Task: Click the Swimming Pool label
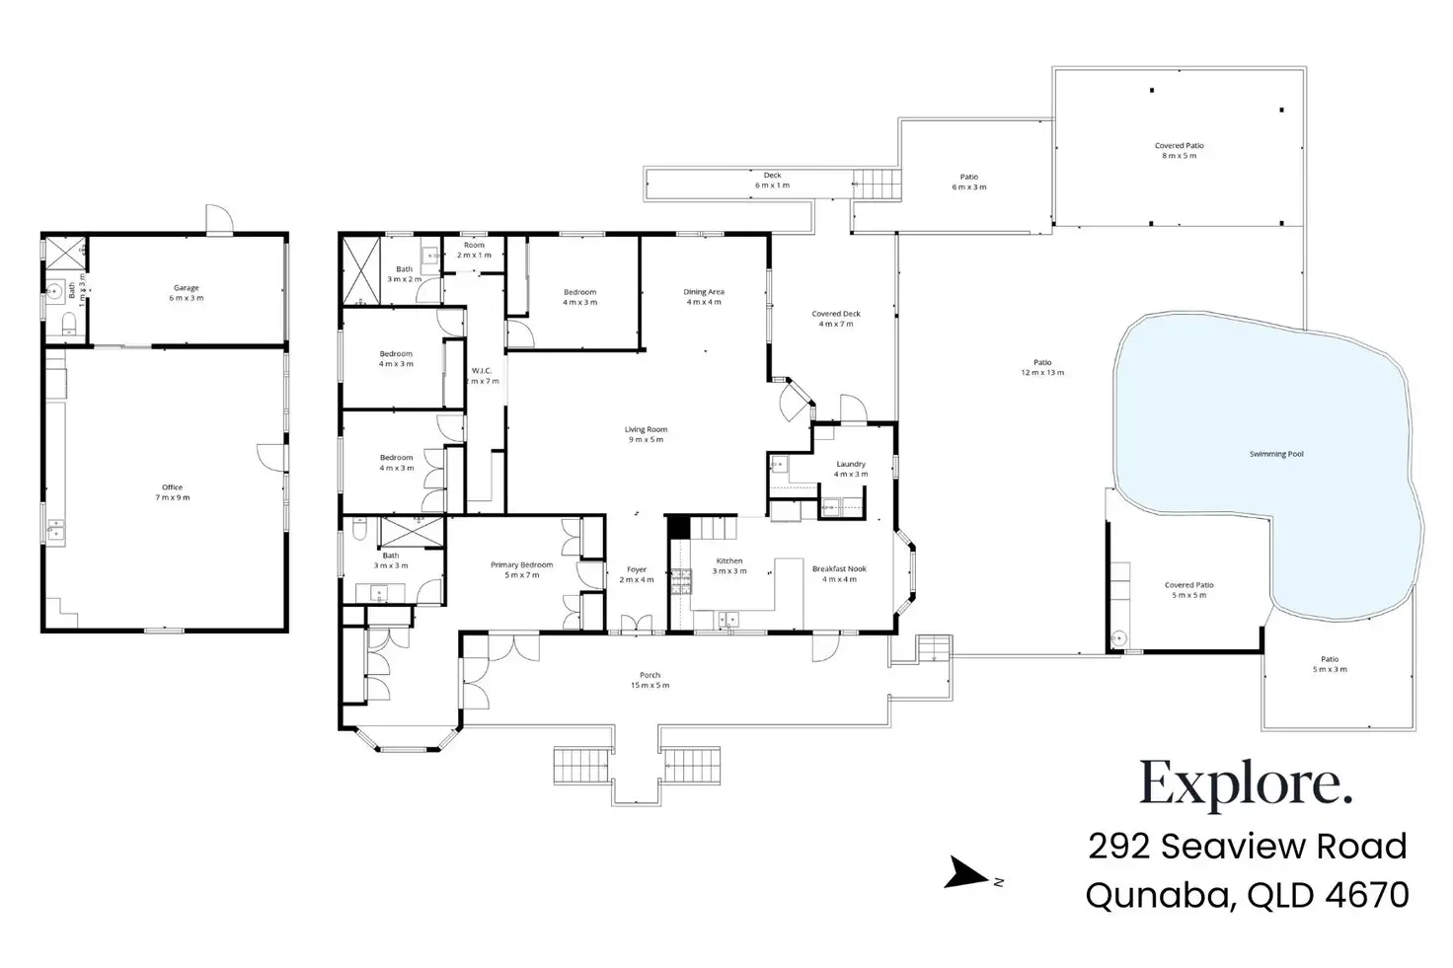pyautogui.click(x=1276, y=454)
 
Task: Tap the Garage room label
pyautogui.click(x=187, y=292)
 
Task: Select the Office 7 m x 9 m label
pyautogui.click(x=172, y=492)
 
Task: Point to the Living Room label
pyautogui.click(x=646, y=434)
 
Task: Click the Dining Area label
pyautogui.click(x=704, y=296)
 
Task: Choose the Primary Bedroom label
pyautogui.click(x=522, y=569)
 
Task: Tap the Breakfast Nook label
pyautogui.click(x=839, y=573)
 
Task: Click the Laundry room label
pyautogui.click(x=851, y=469)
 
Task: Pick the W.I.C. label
pyautogui.click(x=482, y=375)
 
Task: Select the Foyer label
pyautogui.click(x=637, y=573)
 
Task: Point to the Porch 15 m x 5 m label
pyautogui.click(x=650, y=680)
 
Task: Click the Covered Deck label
pyautogui.click(x=836, y=318)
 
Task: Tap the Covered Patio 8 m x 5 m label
pyautogui.click(x=1179, y=150)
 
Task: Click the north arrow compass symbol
pyautogui.click(x=965, y=874)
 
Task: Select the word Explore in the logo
pyautogui.click(x=1245, y=785)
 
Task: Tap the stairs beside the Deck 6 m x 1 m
pyautogui.click(x=878, y=184)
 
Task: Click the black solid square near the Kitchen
pyautogui.click(x=679, y=527)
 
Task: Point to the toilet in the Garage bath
pyautogui.click(x=66, y=324)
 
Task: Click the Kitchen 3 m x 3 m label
pyautogui.click(x=729, y=565)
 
